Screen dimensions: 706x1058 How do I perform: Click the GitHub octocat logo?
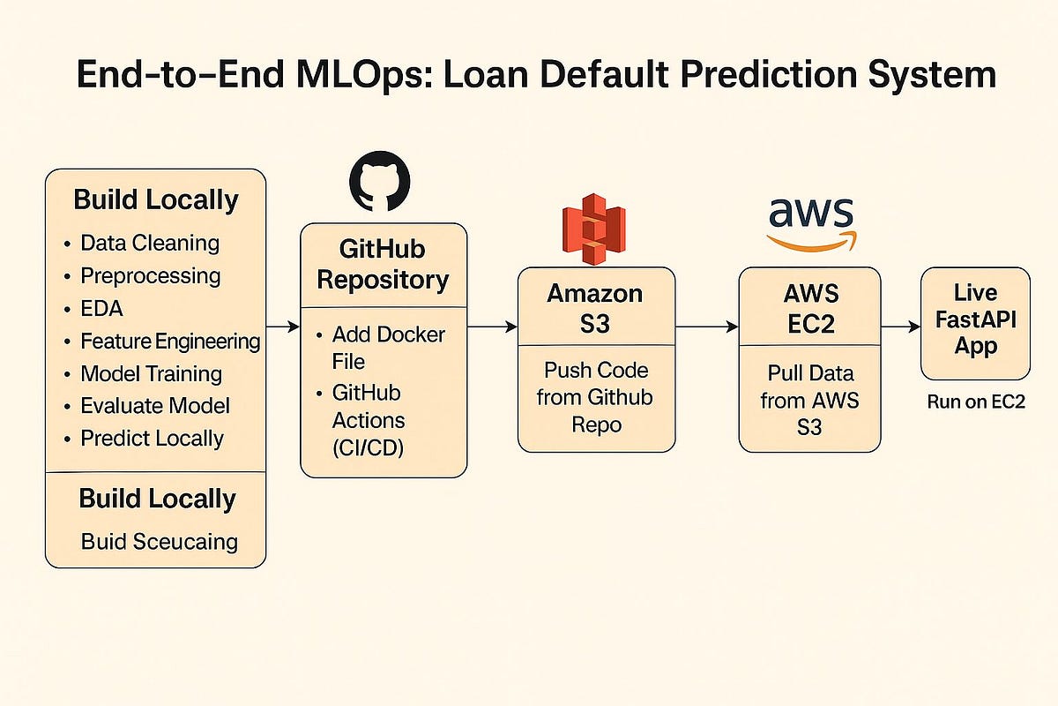(380, 181)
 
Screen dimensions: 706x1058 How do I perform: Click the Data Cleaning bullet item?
(149, 243)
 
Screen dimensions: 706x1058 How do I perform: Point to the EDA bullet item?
(101, 308)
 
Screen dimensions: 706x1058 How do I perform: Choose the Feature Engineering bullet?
(169, 341)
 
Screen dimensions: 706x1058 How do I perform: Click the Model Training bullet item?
(151, 373)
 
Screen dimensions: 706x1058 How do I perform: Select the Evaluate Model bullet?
(154, 406)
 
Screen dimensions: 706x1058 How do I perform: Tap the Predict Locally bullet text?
(152, 439)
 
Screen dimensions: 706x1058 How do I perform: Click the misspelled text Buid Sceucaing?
(159, 541)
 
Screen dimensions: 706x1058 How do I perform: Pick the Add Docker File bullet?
(388, 349)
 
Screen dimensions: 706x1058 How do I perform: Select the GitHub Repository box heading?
(383, 264)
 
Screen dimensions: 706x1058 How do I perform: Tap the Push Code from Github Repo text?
(595, 397)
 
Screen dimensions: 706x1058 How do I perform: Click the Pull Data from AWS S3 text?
(809, 402)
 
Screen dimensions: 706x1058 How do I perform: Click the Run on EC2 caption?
(974, 402)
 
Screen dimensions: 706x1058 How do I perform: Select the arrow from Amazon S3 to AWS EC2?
(706, 327)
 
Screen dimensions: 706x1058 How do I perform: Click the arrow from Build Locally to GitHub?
(282, 327)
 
